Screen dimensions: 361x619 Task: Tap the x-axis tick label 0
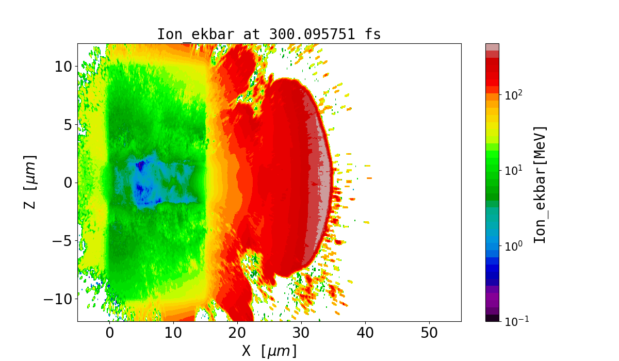pyautogui.click(x=109, y=333)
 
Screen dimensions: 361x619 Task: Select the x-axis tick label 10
pyautogui.click(x=173, y=333)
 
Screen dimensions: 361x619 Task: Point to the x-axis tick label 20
pyautogui.click(x=237, y=333)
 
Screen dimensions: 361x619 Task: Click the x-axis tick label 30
pyautogui.click(x=301, y=333)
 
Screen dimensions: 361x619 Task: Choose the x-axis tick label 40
pyautogui.click(x=365, y=333)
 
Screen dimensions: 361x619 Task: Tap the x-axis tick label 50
pyautogui.click(x=429, y=333)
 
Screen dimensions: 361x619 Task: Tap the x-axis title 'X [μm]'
pyautogui.click(x=269, y=351)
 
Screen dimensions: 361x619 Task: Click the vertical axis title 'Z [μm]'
pyautogui.click(x=30, y=182)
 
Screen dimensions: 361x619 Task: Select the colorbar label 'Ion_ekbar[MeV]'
pyautogui.click(x=540, y=185)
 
